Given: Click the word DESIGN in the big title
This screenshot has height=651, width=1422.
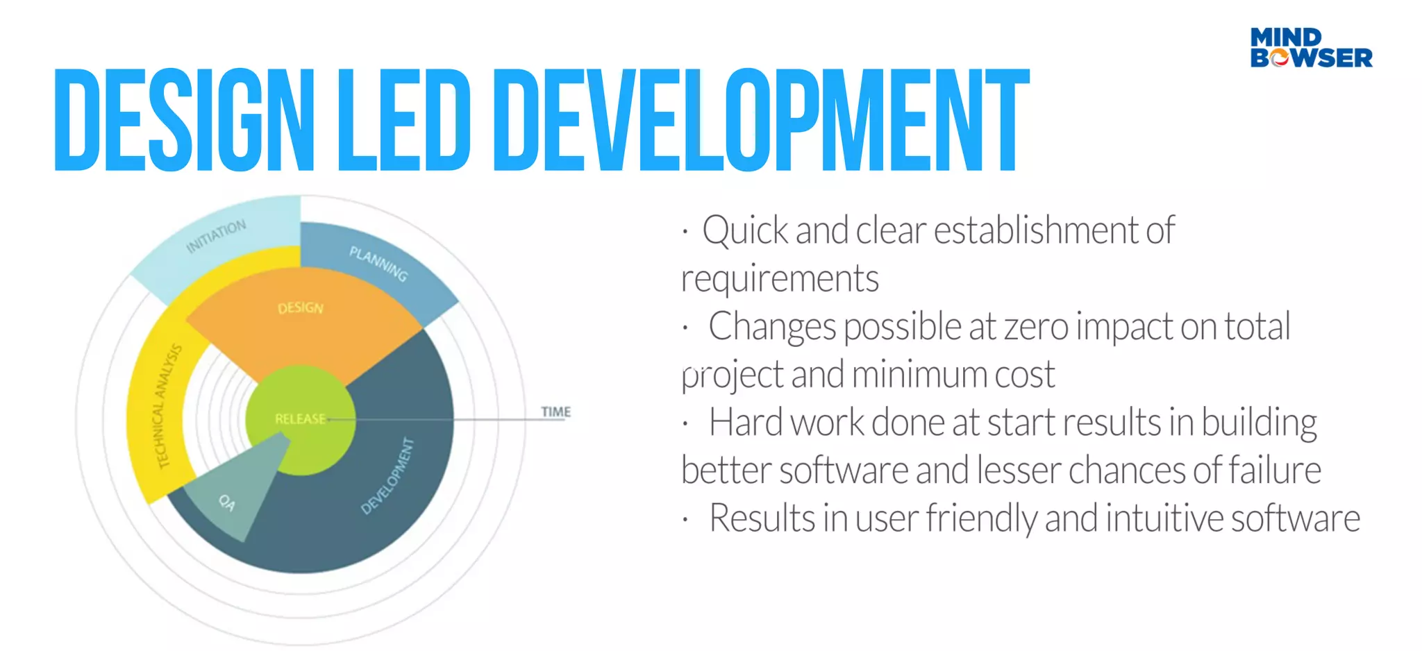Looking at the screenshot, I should coord(184,119).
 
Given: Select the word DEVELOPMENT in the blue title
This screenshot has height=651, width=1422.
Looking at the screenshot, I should coord(760,119).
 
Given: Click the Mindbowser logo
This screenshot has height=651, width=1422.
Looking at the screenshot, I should coord(1311,47).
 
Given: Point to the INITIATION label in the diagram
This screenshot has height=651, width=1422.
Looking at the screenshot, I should coord(216,236).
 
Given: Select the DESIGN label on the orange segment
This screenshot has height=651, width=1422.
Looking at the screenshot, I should coord(301,307).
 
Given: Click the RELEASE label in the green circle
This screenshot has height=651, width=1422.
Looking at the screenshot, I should coord(300,419).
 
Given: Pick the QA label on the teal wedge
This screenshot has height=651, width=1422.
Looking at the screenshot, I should coord(227,502).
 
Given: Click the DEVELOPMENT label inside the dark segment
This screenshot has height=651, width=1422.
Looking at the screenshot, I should coord(387,476).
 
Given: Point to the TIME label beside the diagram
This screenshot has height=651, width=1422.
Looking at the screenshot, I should coord(555,412).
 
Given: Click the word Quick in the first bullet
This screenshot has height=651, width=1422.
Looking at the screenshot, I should coord(745,230).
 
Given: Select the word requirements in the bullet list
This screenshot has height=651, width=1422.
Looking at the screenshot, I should coord(780,278).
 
